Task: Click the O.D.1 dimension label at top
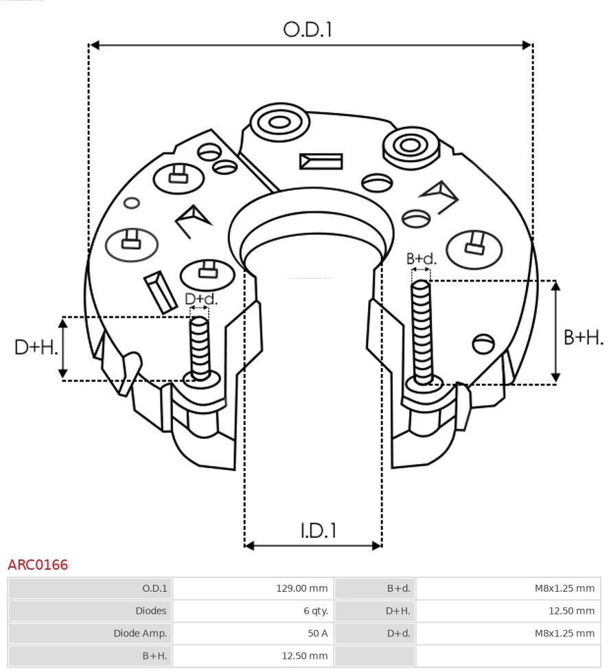click(308, 30)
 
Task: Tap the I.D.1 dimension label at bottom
click(318, 531)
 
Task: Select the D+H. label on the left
click(36, 347)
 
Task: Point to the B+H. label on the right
click(583, 337)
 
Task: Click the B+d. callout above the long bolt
click(421, 259)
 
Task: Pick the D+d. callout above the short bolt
click(201, 299)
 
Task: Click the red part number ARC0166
click(38, 565)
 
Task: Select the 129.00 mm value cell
click(301, 588)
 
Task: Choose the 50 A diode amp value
click(316, 634)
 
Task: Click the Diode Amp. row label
click(140, 634)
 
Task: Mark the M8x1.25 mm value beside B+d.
click(564, 588)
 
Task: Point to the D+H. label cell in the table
click(397, 611)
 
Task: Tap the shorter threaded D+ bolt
click(200, 347)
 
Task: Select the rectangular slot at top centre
click(321, 162)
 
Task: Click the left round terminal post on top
click(279, 124)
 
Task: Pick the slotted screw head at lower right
click(484, 343)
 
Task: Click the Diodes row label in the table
click(151, 611)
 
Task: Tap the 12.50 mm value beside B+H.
click(304, 656)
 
